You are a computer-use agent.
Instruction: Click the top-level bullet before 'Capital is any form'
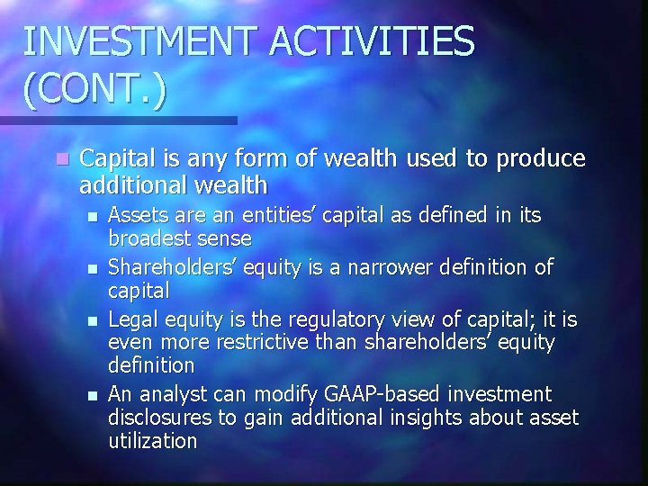(x=60, y=159)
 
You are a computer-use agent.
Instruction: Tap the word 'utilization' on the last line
(x=152, y=442)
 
